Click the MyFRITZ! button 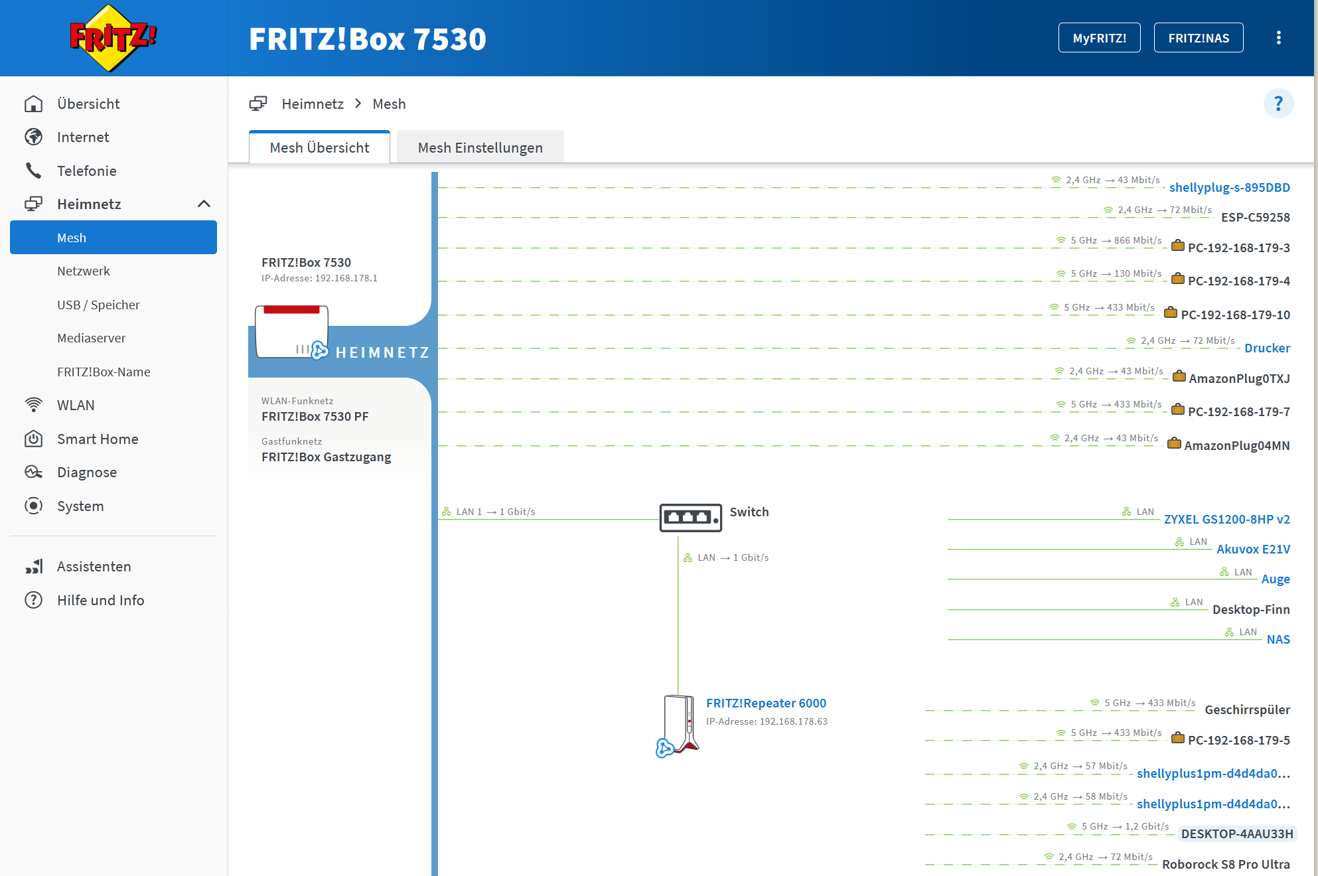click(x=1099, y=38)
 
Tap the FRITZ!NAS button click(x=1198, y=38)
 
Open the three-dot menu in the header click(x=1278, y=38)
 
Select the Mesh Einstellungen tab click(x=480, y=147)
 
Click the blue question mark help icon click(x=1278, y=104)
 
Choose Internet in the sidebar click(x=83, y=137)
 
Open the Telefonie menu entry click(x=86, y=171)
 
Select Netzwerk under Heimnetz click(x=84, y=271)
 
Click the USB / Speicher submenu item click(x=98, y=305)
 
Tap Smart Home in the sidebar click(x=98, y=439)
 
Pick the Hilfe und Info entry click(x=100, y=600)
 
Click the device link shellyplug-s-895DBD click(x=1229, y=187)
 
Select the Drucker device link click(x=1267, y=348)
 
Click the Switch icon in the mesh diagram click(x=690, y=517)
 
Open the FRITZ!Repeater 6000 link click(x=766, y=703)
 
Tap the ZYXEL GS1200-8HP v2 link click(x=1226, y=519)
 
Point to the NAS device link click(x=1278, y=639)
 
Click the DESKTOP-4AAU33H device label click(x=1236, y=834)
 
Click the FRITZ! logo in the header click(x=113, y=38)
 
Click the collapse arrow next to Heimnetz click(x=204, y=204)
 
